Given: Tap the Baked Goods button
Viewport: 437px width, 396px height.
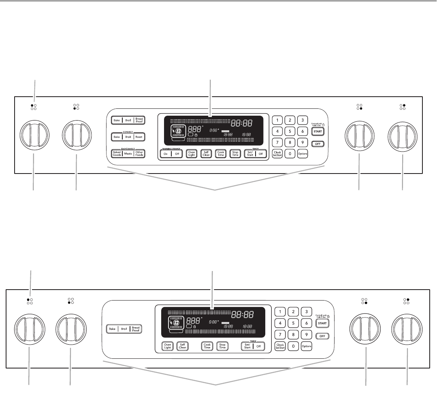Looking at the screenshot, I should click(x=117, y=154).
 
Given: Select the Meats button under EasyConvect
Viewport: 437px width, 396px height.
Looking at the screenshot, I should click(x=128, y=154).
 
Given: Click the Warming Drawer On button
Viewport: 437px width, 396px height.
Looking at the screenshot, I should click(x=165, y=154).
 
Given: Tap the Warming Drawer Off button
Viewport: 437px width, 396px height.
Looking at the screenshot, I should click(x=177, y=154).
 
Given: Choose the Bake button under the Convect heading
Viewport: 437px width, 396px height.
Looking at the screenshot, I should click(x=117, y=137).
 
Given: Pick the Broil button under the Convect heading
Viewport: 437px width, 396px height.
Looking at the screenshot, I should click(x=128, y=137).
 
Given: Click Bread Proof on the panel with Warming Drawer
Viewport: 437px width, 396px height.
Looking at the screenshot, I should click(x=140, y=120).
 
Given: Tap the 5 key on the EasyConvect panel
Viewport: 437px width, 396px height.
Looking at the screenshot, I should click(x=290, y=131).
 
